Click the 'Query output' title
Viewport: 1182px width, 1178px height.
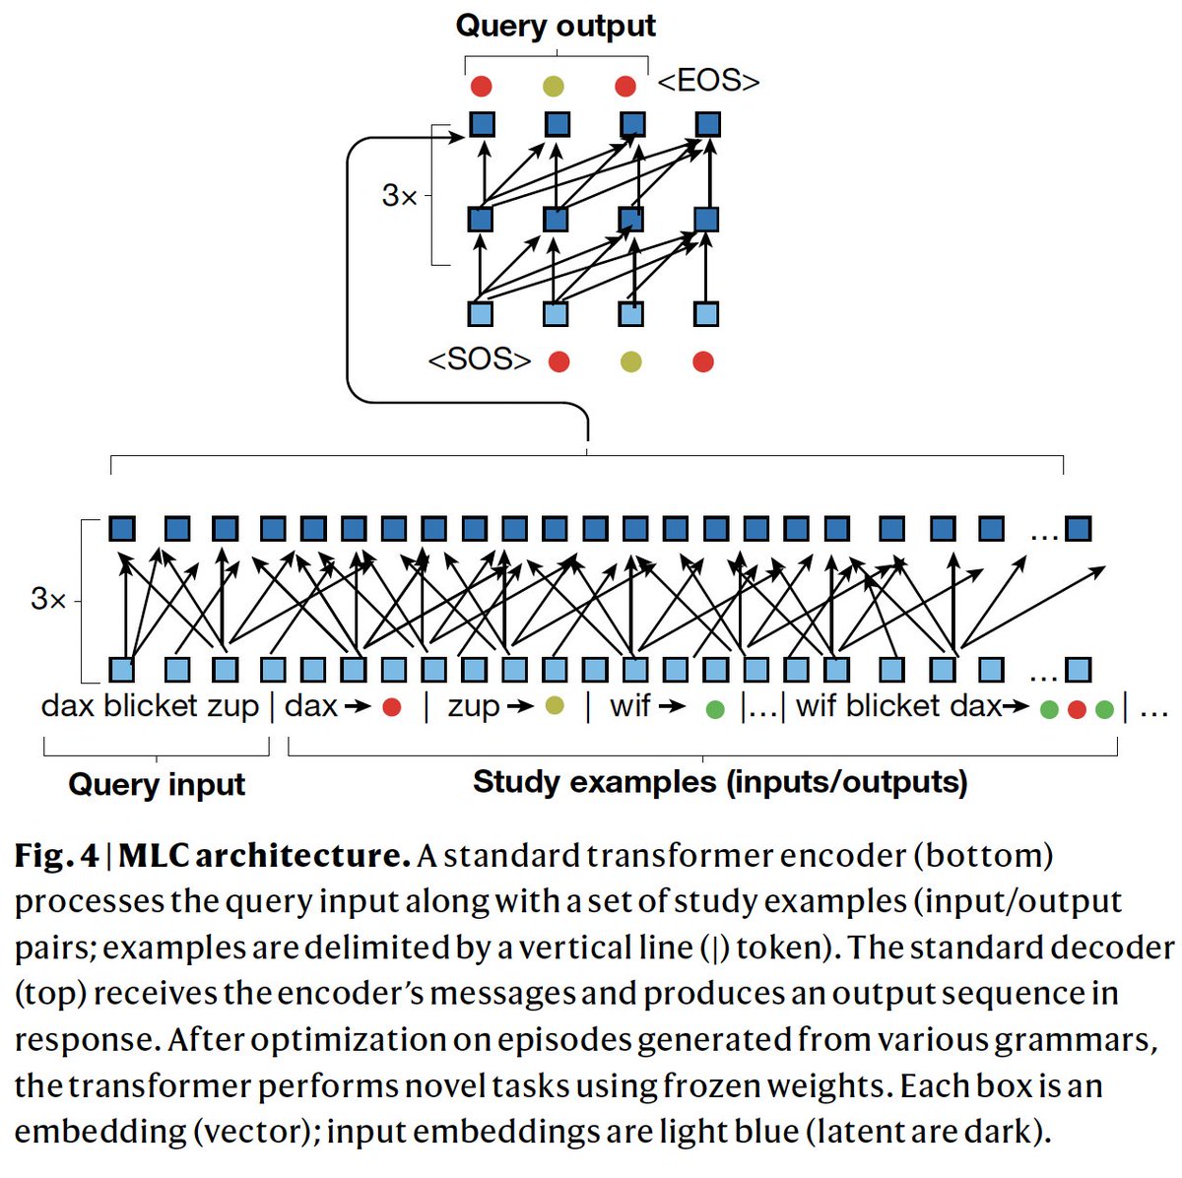[556, 26]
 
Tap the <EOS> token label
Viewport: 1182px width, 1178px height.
[708, 82]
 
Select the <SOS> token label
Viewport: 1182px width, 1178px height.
[479, 360]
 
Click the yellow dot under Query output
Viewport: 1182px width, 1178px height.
[554, 87]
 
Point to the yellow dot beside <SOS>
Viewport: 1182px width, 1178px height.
[631, 362]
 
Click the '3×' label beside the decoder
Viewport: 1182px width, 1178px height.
[399, 196]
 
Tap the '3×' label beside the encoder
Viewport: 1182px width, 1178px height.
[48, 598]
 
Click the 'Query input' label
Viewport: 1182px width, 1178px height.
[157, 785]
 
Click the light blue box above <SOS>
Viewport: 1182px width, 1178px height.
[481, 314]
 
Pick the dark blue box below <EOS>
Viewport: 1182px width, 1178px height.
[707, 125]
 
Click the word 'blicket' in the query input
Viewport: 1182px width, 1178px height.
[150, 706]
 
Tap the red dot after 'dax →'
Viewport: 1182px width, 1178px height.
[392, 707]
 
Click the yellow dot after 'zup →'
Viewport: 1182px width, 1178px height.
[555, 705]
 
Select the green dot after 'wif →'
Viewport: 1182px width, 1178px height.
[716, 709]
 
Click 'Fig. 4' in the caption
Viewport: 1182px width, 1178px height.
[57, 855]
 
